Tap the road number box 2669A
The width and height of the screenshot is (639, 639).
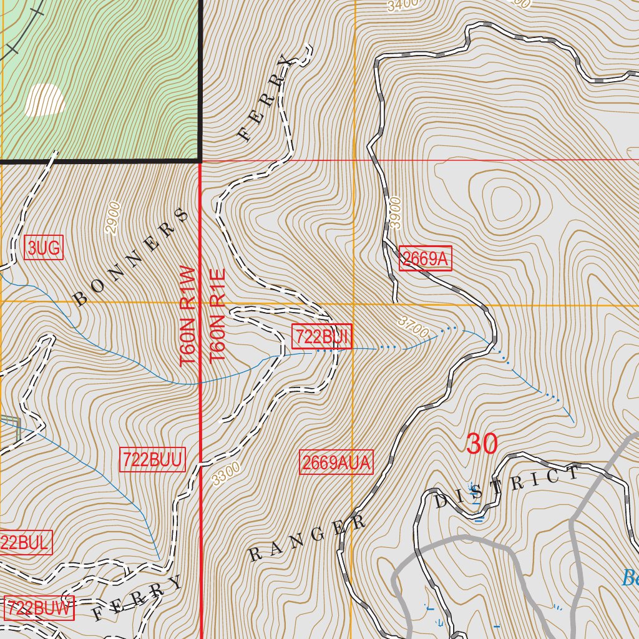tap(426, 259)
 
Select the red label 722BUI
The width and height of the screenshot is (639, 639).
tap(323, 337)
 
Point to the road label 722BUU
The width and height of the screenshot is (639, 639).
tap(153, 460)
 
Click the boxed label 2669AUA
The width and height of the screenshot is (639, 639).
tap(336, 462)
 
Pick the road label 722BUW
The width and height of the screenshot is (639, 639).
tap(39, 608)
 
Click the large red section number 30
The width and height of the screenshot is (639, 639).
tap(482, 444)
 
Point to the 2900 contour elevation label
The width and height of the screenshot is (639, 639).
tap(112, 218)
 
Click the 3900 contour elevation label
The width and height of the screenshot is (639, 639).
tap(394, 213)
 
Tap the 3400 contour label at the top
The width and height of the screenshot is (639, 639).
tap(400, 6)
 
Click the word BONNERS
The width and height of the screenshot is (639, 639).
tap(131, 257)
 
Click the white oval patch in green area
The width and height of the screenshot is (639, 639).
tap(45, 100)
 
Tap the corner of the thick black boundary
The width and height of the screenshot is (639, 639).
tap(200, 160)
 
